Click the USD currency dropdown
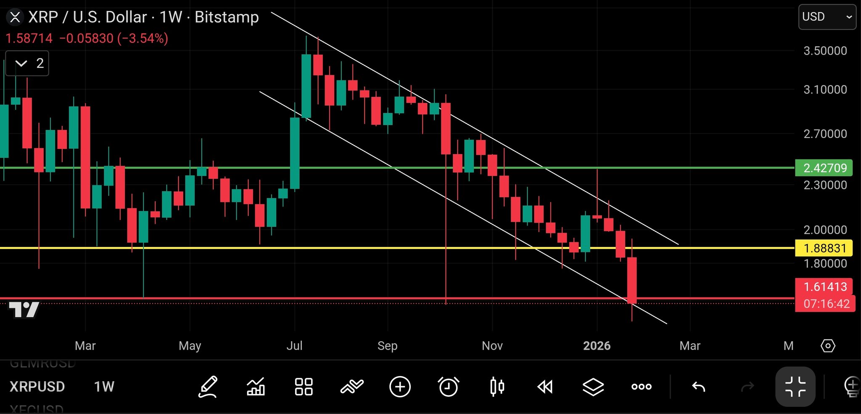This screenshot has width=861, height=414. pos(827,17)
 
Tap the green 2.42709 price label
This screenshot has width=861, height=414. pos(824,168)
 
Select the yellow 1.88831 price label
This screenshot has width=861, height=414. pos(824,248)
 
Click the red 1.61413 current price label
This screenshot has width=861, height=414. pos(824,287)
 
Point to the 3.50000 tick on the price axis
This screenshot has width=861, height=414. pos(825,51)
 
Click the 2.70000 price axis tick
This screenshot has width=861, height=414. pos(825,134)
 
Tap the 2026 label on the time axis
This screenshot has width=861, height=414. pos(597,346)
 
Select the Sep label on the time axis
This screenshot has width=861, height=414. pos(387,346)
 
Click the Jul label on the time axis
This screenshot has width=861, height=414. pos(294,346)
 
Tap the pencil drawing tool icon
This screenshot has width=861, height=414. pos(208,387)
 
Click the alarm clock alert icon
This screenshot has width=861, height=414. pos(448,387)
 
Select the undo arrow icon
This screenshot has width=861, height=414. pos(698,387)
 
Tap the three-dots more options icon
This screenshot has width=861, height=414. pos(642,387)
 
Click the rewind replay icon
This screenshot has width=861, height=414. pos(545,387)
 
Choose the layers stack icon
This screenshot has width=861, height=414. pos(593,387)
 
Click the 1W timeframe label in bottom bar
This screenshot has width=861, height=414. pos(104,387)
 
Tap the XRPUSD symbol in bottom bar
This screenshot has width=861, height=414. pos(37,387)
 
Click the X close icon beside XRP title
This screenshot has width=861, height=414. pos(15,17)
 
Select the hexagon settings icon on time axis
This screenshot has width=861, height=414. pos(828,346)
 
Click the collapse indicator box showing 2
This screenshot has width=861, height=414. pos(27,64)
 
